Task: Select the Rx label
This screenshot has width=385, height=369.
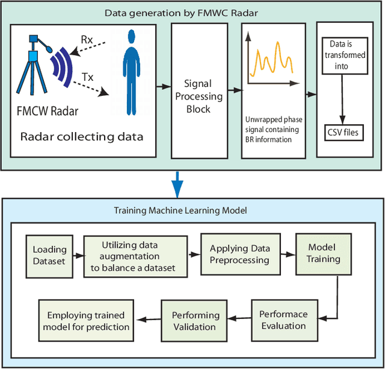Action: (x=87, y=40)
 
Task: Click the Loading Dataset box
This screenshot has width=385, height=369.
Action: (x=49, y=254)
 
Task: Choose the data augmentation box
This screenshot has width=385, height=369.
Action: (x=133, y=254)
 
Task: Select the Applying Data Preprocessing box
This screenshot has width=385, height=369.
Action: (x=239, y=254)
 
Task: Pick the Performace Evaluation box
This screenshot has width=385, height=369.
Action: (x=283, y=319)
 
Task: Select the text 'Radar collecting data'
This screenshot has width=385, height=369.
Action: (x=82, y=136)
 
